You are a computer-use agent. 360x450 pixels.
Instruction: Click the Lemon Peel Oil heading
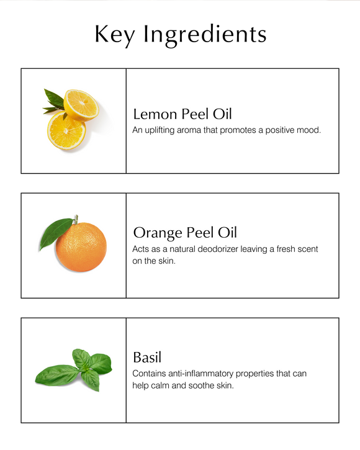click(x=182, y=114)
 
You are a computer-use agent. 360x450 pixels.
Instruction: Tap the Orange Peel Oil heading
click(x=185, y=233)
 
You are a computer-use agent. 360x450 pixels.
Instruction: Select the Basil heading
click(x=147, y=358)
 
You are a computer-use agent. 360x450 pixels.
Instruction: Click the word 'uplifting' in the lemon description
click(x=163, y=130)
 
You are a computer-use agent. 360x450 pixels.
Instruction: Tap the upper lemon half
click(x=81, y=104)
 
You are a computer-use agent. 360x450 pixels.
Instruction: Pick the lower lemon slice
click(x=66, y=131)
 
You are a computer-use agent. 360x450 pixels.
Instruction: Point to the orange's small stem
click(x=75, y=219)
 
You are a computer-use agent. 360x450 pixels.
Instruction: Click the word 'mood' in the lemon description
click(x=309, y=130)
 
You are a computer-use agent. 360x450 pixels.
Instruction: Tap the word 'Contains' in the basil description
click(x=150, y=374)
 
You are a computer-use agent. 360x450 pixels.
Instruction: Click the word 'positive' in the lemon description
click(x=279, y=130)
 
